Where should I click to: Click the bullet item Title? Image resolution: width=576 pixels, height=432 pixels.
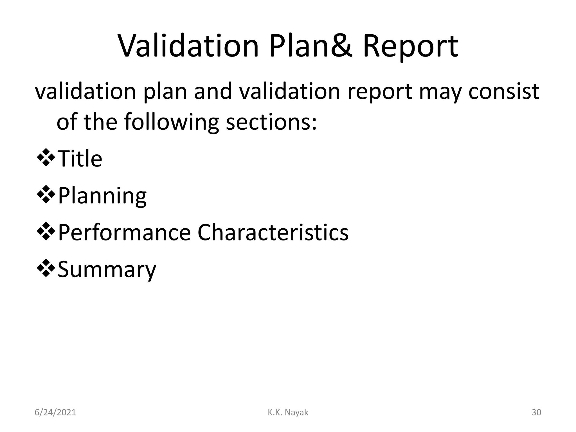[x=80, y=159]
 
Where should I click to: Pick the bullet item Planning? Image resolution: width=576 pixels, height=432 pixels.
[x=102, y=196]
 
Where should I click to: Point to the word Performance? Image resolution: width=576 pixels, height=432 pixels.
[x=124, y=233]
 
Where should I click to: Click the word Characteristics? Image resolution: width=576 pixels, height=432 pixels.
[x=273, y=233]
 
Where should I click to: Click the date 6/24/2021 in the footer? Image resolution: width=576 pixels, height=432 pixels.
[x=55, y=413]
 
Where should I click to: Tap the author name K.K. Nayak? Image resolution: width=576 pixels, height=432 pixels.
[x=288, y=413]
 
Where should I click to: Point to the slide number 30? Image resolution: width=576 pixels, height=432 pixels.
[x=536, y=413]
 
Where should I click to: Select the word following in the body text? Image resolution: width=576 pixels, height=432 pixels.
[x=171, y=123]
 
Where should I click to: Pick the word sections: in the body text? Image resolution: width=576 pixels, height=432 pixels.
[x=271, y=123]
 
